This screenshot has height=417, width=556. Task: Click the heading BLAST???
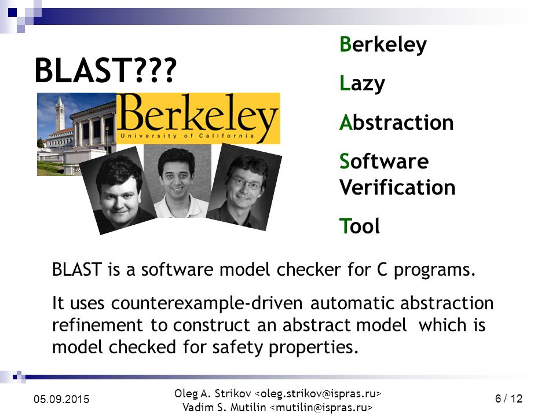coord(105,70)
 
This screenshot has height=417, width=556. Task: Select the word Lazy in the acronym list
coord(362,83)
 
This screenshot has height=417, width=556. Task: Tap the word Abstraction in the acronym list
coord(396,122)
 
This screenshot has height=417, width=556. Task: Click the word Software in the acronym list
coord(384,162)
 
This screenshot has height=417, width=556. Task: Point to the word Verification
coord(397,187)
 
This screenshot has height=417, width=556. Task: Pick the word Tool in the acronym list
coord(360,226)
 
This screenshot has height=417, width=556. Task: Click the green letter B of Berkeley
coord(345,44)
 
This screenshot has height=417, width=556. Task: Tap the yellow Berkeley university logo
coord(198,118)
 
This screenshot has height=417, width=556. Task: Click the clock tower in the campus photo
coord(60,113)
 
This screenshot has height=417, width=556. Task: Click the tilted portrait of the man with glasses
coord(244,187)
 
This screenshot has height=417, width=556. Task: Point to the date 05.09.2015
coord(61,399)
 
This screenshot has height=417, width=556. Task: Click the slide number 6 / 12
coord(509,398)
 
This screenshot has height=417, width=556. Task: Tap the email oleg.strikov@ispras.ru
coord(318,394)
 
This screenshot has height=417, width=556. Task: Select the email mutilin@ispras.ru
coord(321,407)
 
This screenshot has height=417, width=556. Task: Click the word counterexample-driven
coord(207,303)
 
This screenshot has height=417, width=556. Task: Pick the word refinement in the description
coord(97,325)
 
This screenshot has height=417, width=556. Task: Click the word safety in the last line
coord(237,348)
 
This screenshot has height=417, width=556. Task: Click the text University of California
coord(187,136)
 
